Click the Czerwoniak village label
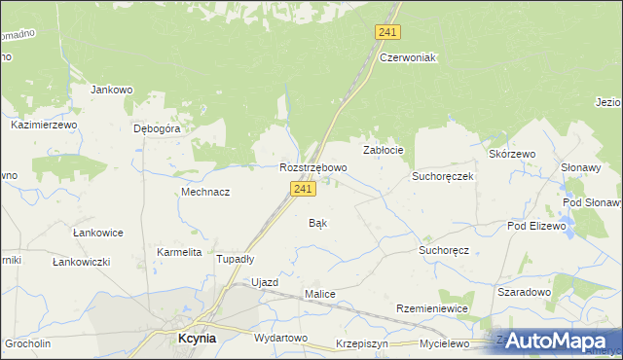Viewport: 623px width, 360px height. (x=408, y=57)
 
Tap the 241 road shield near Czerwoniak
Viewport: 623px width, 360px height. (x=386, y=32)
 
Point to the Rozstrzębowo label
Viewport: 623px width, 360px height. (x=312, y=167)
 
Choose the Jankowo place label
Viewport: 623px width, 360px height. (x=111, y=90)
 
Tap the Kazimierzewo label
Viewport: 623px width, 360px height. (x=43, y=126)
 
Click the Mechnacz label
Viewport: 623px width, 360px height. (x=205, y=192)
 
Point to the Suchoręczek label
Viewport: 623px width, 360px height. (x=442, y=177)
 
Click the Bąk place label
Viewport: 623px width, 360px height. (x=317, y=223)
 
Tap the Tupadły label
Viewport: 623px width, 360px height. (x=235, y=259)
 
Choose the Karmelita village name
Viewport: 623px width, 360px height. (x=179, y=252)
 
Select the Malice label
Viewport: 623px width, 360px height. (x=320, y=294)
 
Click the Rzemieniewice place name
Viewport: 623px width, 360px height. (x=432, y=307)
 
